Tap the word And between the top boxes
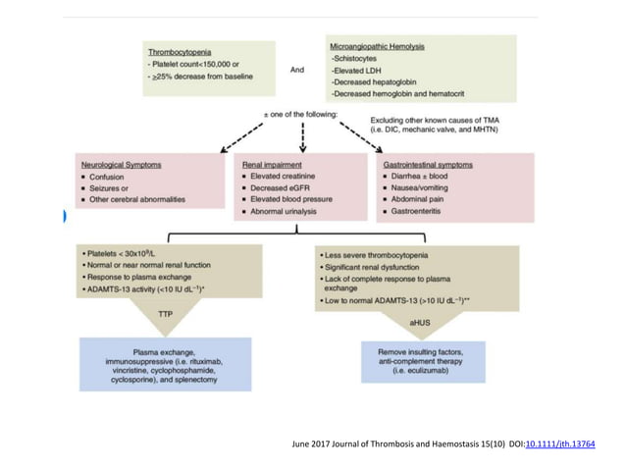(x=298, y=70)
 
